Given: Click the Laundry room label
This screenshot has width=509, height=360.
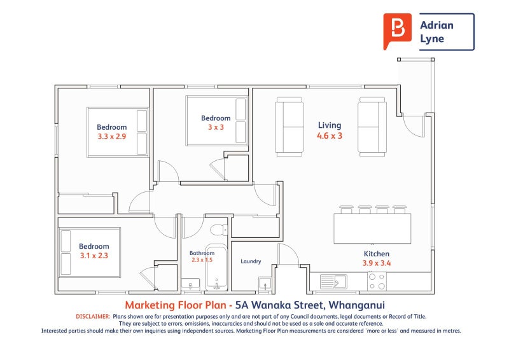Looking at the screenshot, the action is click(x=251, y=261).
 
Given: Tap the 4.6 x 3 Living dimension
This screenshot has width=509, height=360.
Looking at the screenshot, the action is click(x=330, y=135).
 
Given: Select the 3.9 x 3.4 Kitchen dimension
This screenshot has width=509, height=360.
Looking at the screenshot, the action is click(x=377, y=263).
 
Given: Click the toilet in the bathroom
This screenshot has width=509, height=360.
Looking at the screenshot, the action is click(x=219, y=230).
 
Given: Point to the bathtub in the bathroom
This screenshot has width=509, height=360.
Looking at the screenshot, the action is click(x=216, y=267).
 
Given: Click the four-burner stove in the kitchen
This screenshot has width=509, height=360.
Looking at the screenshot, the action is click(x=377, y=281).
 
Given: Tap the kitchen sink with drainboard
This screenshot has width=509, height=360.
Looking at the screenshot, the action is click(x=333, y=282).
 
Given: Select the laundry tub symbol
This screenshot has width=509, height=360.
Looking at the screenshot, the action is click(x=265, y=284).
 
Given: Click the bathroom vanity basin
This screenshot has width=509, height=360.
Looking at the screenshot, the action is click(x=190, y=284).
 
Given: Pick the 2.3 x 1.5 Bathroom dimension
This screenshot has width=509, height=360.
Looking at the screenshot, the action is click(x=202, y=260).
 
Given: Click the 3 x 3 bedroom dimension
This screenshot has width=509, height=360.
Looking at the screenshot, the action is click(x=216, y=127).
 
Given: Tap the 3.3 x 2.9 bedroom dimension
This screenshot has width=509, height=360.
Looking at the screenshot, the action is click(x=112, y=136).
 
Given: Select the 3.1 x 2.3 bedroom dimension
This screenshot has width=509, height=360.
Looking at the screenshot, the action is click(x=94, y=256).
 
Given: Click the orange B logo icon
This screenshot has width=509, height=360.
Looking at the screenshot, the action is click(x=397, y=31).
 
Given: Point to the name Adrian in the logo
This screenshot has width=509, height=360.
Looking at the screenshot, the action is click(x=436, y=25).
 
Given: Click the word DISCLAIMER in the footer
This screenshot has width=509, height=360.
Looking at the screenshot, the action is click(x=93, y=317).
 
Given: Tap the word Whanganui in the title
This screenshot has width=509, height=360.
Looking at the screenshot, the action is click(x=356, y=305).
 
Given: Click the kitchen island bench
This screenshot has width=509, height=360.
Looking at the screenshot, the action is click(x=372, y=228).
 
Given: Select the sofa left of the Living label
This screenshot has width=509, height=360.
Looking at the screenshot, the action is click(x=289, y=127).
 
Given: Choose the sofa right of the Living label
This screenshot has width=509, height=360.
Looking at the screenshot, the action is click(x=372, y=127).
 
